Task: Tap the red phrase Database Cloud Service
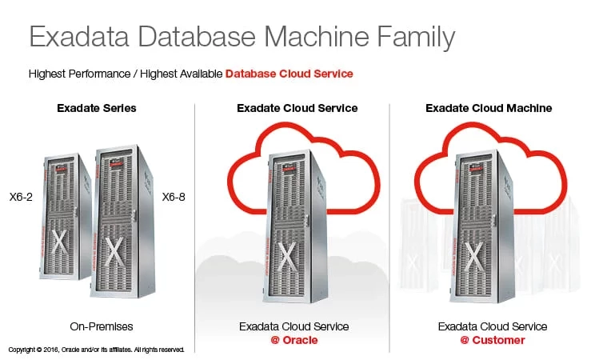pos(289,74)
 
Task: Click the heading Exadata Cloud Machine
pos(489,108)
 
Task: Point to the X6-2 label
pos(21,196)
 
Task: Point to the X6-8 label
pos(174,196)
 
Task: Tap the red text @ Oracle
pos(294,340)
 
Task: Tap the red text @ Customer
pos(493,340)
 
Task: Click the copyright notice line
pos(96,350)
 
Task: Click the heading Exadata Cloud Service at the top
pos(297,108)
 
